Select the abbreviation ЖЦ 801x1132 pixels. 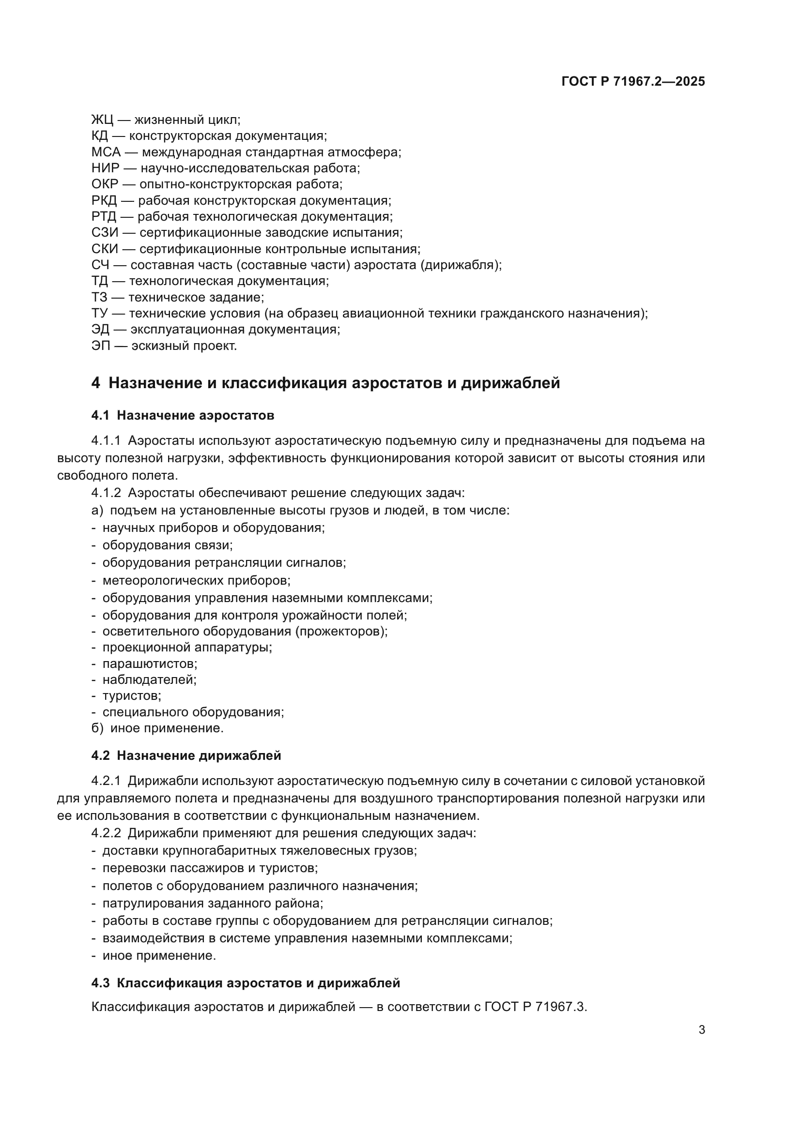click(102, 120)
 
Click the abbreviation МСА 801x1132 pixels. click(106, 152)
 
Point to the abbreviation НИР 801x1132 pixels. click(105, 168)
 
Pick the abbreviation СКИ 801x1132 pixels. click(105, 249)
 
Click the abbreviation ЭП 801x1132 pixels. click(101, 346)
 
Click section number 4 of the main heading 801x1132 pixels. click(96, 383)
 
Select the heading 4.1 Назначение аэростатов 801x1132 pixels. click(183, 415)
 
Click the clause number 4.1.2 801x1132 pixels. click(106, 493)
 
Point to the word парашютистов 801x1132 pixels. click(150, 664)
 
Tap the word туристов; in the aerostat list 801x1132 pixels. click(132, 695)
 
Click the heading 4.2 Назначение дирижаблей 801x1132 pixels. click(186, 755)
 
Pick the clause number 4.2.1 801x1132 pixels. click(106, 781)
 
